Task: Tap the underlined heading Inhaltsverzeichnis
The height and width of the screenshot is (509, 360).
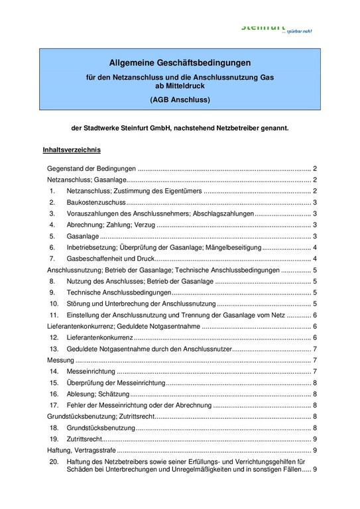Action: point(72,151)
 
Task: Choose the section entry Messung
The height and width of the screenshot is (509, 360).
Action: point(60,360)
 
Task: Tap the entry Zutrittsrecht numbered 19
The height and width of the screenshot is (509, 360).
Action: point(86,439)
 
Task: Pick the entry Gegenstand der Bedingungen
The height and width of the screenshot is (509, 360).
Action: point(92,168)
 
